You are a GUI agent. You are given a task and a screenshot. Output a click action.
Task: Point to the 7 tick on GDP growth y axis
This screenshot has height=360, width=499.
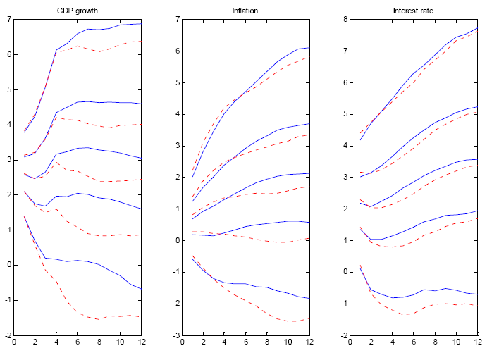pyautogui.click(x=8, y=19)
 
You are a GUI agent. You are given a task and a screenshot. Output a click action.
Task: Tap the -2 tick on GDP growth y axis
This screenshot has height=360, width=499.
pyautogui.click(x=6, y=335)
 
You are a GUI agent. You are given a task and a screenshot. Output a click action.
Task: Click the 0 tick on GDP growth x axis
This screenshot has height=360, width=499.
pyautogui.click(x=14, y=343)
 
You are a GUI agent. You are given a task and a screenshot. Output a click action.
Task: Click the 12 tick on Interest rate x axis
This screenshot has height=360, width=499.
pyautogui.click(x=478, y=343)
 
